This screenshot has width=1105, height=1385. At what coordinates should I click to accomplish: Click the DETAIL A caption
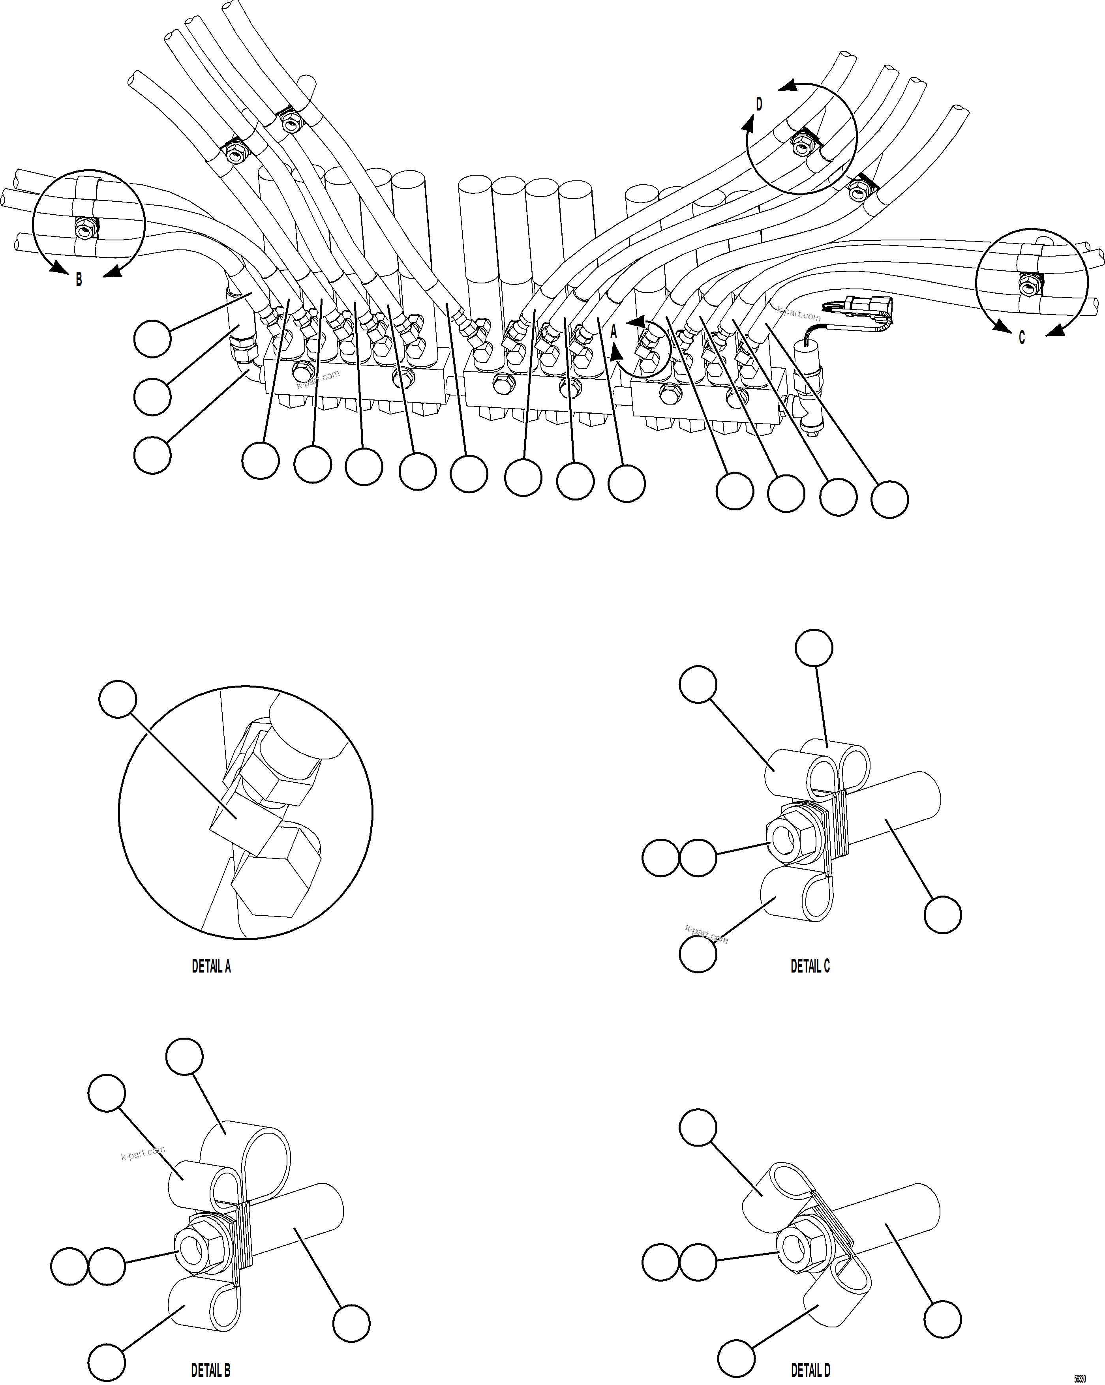pos(211,965)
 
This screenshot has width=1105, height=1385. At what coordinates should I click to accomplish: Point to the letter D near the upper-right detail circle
pos(759,104)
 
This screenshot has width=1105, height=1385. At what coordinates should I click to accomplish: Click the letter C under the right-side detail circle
pos(1021,337)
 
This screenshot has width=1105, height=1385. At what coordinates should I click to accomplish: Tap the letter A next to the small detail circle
pos(613,332)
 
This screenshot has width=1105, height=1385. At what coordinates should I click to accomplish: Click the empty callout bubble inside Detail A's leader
pos(118,699)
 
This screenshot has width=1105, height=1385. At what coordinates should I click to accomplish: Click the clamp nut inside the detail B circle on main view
pos(85,227)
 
